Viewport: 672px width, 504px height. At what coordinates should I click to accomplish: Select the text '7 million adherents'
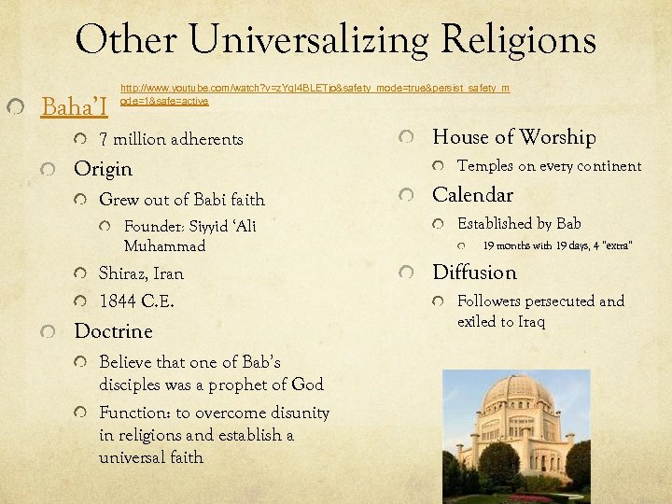171,139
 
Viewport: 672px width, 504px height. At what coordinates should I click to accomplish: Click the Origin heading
103,169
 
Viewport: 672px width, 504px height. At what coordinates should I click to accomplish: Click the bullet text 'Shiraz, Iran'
141,273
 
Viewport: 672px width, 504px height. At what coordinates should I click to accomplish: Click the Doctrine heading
113,331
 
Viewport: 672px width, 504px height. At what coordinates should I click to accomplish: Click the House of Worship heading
513,137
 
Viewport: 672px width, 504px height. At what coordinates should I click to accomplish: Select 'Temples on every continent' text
549,166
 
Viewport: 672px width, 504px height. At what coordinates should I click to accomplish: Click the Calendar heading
472,195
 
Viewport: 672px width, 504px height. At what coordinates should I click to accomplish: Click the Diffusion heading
474,273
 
